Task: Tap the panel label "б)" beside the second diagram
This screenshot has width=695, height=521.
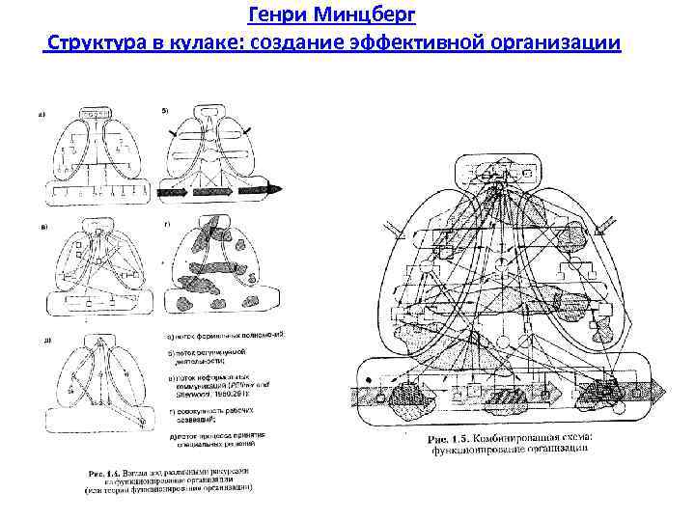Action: tap(165, 111)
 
